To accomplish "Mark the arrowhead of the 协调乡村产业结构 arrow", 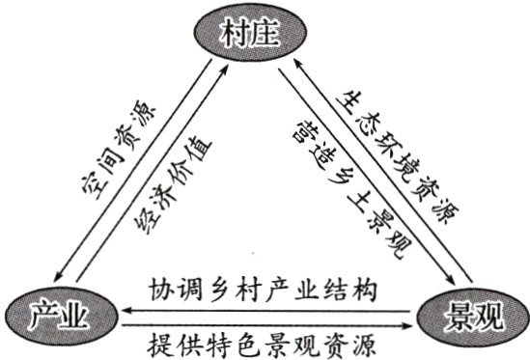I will tap(120, 309).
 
